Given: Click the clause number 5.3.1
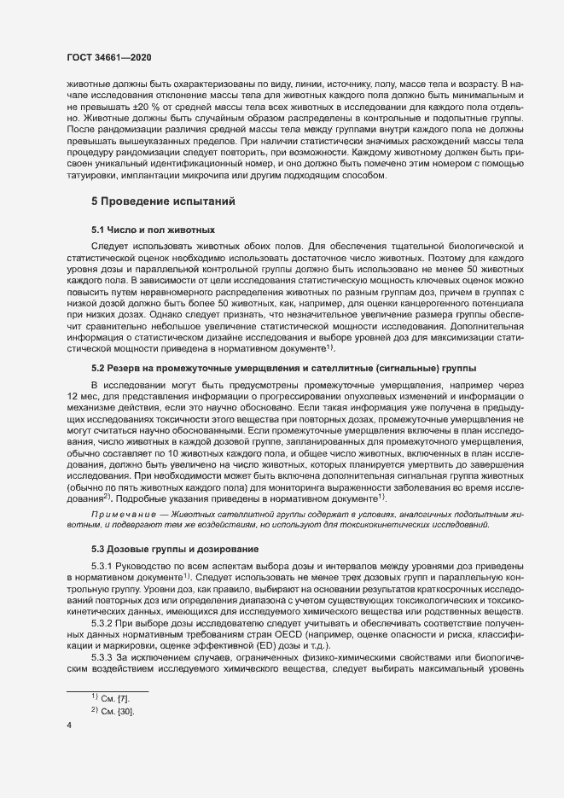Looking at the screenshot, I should coord(105,565).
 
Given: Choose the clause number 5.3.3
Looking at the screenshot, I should coord(105,665).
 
